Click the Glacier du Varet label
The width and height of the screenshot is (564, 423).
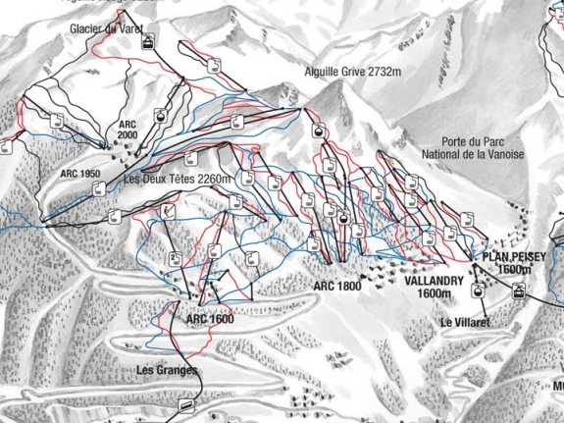(x=104, y=28)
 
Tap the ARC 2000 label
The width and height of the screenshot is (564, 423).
(x=128, y=131)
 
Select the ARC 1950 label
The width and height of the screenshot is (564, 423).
(x=80, y=174)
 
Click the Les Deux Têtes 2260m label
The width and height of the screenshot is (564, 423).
(x=178, y=180)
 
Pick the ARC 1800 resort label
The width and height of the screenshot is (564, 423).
(x=337, y=286)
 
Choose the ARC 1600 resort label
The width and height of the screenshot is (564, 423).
(x=209, y=320)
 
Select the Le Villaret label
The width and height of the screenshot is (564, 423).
(x=464, y=322)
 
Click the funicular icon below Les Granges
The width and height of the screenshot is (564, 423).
(x=185, y=399)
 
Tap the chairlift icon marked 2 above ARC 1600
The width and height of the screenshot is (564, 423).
(x=174, y=259)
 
